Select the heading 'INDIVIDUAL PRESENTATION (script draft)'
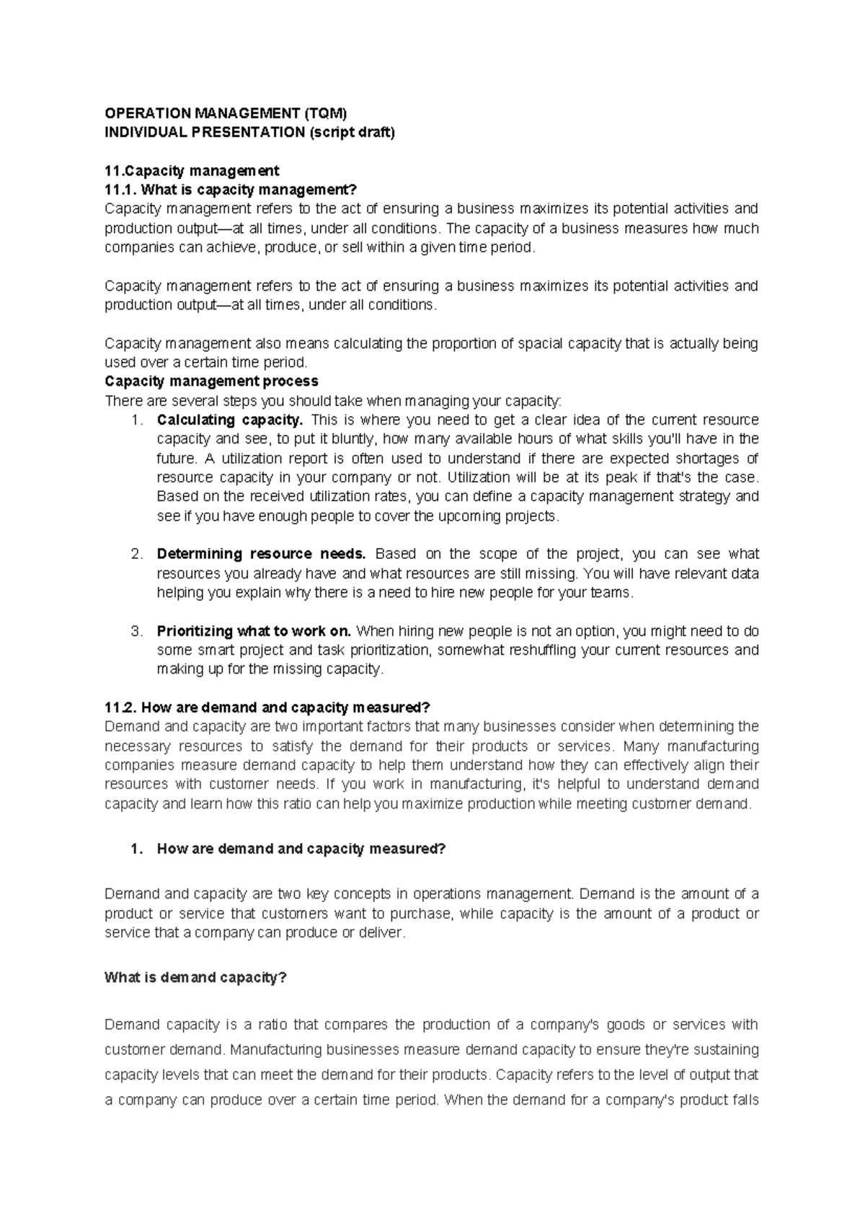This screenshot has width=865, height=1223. pyautogui.click(x=249, y=133)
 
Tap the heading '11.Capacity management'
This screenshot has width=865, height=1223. pyautogui.click(x=192, y=171)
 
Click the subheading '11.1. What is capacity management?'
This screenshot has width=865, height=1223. pyautogui.click(x=231, y=190)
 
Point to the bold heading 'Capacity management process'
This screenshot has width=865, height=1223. pyautogui.click(x=211, y=381)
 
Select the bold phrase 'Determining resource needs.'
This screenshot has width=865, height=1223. pyautogui.click(x=262, y=554)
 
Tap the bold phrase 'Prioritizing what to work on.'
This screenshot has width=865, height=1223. pyautogui.click(x=254, y=631)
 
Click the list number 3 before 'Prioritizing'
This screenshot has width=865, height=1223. pyautogui.click(x=136, y=631)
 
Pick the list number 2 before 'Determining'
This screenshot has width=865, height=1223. pyautogui.click(x=136, y=554)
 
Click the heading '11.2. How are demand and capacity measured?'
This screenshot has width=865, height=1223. pyautogui.click(x=267, y=707)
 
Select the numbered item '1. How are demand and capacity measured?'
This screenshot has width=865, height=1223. pyautogui.click(x=288, y=849)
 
